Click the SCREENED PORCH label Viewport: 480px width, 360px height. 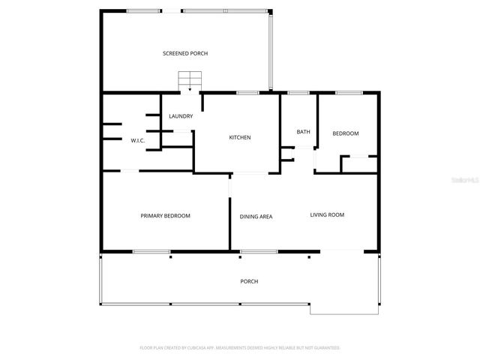[x=185, y=53]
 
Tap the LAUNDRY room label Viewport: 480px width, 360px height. [x=181, y=116]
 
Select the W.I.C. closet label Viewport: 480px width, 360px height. [x=138, y=140]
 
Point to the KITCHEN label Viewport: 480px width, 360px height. [x=240, y=137]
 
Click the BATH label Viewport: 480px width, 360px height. [x=303, y=132]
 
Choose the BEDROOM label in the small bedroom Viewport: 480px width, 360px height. [x=346, y=133]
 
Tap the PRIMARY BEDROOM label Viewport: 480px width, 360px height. [x=166, y=215]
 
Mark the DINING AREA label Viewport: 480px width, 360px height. [x=256, y=217]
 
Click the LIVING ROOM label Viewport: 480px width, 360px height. [x=327, y=215]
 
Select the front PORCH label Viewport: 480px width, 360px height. [x=249, y=281]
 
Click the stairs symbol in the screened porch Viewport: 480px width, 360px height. [x=190, y=80]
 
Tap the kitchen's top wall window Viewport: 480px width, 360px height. [x=247, y=92]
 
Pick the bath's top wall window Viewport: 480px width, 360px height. [x=298, y=92]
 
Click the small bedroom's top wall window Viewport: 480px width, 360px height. [x=347, y=92]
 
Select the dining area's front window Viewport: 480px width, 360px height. [x=253, y=251]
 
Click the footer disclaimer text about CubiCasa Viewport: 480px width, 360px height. [x=240, y=348]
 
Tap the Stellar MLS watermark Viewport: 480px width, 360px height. [x=464, y=181]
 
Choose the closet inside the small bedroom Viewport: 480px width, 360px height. [x=358, y=164]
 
